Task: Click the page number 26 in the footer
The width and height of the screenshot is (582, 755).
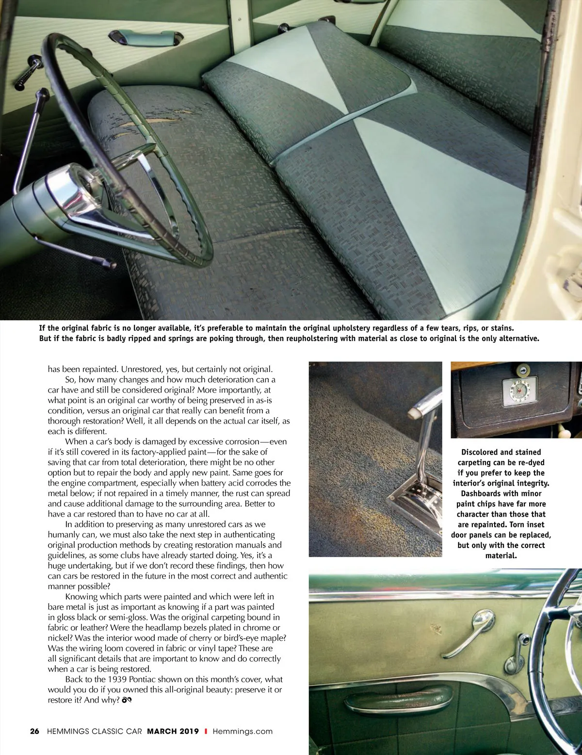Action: [34, 731]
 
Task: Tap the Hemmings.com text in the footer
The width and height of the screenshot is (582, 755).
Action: [242, 731]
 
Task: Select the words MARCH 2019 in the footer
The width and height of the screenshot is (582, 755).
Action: [173, 731]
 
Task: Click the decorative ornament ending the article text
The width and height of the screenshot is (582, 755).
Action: [127, 700]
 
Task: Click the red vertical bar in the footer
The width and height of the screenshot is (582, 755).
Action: [206, 731]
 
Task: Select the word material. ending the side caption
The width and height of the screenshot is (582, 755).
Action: [501, 555]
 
